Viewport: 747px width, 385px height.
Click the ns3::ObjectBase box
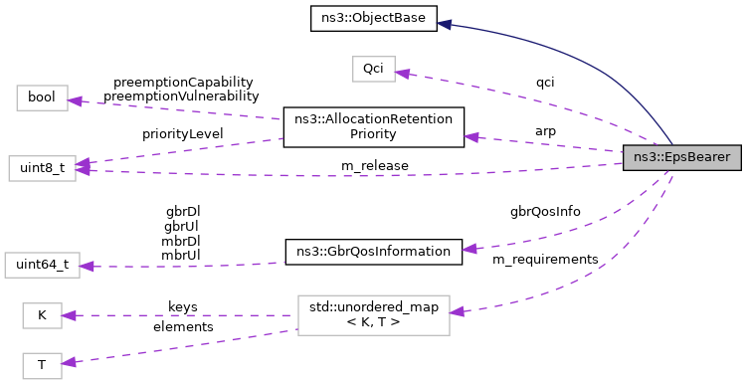374,19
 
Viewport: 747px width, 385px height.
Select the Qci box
373,69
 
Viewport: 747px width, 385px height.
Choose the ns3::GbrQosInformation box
374,252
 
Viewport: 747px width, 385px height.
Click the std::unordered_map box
374,314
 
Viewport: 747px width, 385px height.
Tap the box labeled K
42,314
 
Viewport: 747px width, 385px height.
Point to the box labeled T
42,364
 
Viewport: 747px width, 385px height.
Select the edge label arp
545,130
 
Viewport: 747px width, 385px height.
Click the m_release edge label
374,165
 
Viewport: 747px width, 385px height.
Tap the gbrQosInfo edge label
545,211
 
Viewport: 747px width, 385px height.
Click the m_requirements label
545,259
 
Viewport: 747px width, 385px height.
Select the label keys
182,307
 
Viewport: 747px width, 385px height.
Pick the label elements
182,326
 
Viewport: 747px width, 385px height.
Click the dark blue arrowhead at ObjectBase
447,24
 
